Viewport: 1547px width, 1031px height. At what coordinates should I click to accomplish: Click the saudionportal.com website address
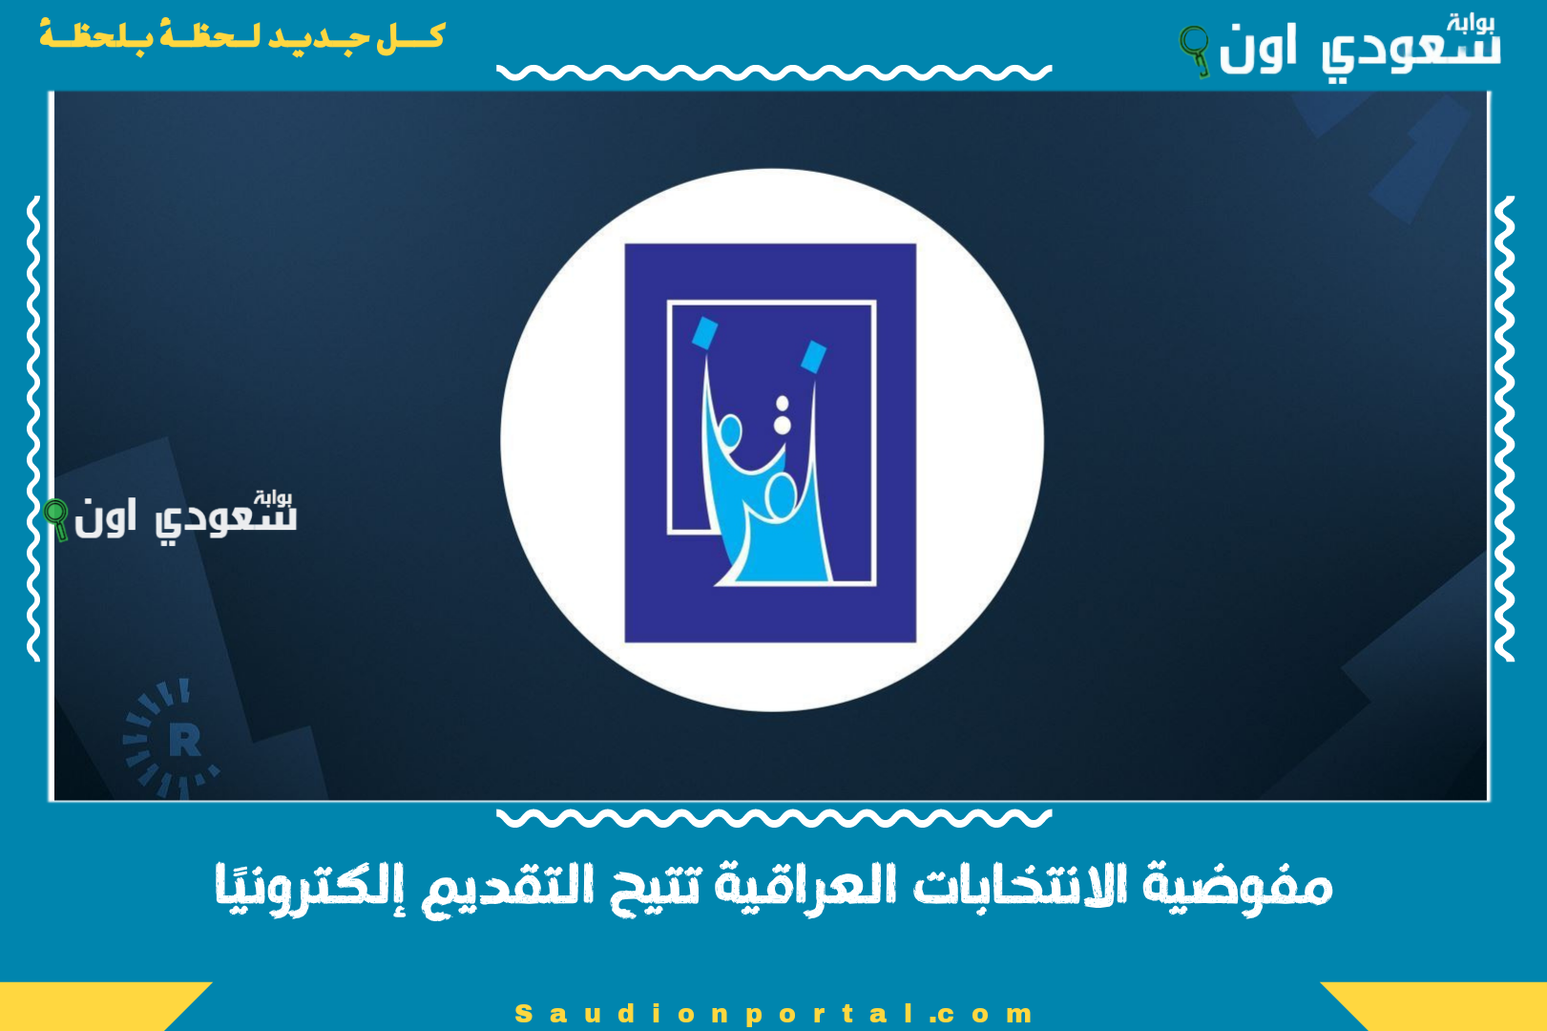coord(773,1013)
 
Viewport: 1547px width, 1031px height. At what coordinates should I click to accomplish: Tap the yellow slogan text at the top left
coord(241,37)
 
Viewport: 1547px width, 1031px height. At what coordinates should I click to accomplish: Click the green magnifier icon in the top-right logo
coord(1194,48)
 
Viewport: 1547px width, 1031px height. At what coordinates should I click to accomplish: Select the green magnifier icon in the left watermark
coord(57,518)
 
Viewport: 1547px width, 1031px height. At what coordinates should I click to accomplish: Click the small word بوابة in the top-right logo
coord(1470,23)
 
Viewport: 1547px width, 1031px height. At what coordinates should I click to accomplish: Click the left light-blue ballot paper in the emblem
coord(704,333)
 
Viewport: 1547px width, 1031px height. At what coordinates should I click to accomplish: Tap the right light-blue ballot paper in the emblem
coord(813,357)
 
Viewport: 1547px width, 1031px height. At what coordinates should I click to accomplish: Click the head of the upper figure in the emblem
coord(730,432)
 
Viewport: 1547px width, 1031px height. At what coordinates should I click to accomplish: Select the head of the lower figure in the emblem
coord(781,495)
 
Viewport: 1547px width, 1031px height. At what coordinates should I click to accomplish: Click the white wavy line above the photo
coord(773,73)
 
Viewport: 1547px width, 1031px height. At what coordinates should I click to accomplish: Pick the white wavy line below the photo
coord(773,817)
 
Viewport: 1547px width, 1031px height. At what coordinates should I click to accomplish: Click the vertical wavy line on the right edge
coord(1504,430)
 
